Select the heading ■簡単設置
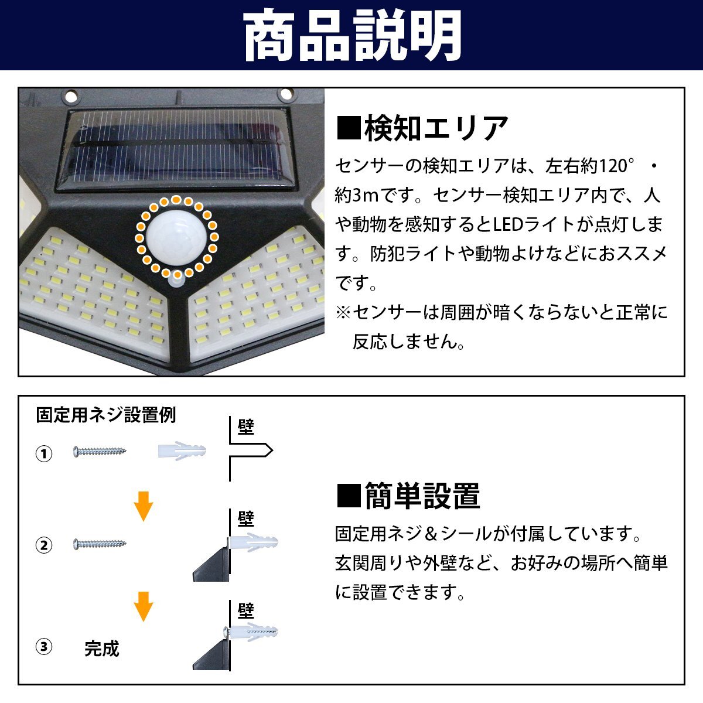coord(409,496)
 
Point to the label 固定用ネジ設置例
coord(106,415)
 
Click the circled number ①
coord(44,454)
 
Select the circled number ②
coord(44,545)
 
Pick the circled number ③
coord(44,647)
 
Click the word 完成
coord(101,649)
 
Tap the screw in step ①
coord(100,452)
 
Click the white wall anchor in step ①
coord(182,452)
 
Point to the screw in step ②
coord(100,544)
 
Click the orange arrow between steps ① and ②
coord(144,506)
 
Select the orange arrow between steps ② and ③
coord(144,606)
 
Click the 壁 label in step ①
coord(245,427)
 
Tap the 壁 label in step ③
coord(245,612)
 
